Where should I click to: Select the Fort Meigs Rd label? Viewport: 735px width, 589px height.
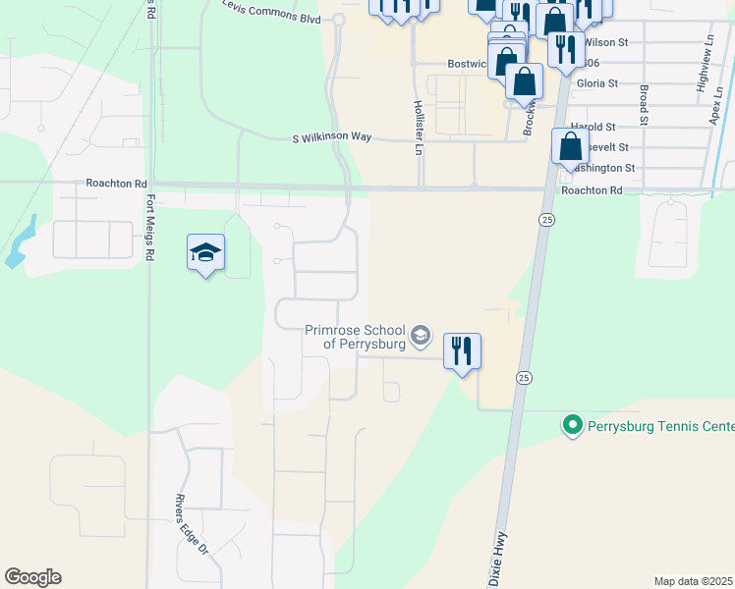150,227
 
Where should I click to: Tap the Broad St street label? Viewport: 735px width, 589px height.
644,104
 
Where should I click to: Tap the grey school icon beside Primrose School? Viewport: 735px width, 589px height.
421,337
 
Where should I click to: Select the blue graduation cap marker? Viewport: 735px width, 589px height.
206,253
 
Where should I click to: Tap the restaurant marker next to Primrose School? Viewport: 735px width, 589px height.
462,350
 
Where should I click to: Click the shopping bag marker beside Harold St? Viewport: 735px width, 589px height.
570,147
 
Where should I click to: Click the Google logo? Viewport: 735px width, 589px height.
32,577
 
